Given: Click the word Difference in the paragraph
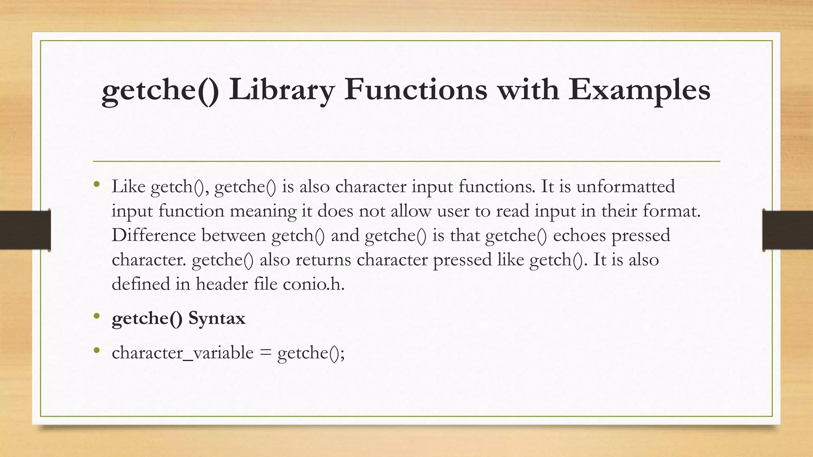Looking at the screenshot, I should click(x=154, y=235).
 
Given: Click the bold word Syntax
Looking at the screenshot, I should click(x=217, y=318).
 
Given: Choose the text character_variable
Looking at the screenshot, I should click(x=183, y=353).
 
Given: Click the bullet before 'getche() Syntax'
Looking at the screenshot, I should click(x=96, y=316).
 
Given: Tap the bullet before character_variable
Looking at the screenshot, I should click(x=96, y=350).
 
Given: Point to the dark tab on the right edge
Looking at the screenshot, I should click(x=788, y=230).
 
